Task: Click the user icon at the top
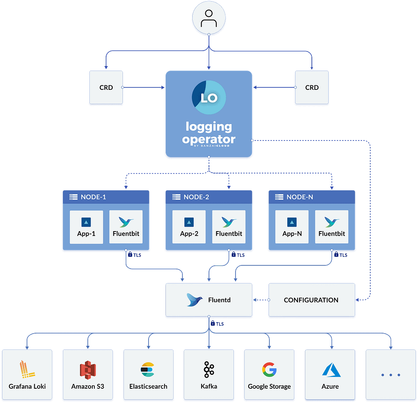coord(209,19)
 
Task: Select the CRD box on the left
coord(106,88)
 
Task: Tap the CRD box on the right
coord(312,88)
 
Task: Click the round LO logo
coord(209,98)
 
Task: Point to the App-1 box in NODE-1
coord(86,227)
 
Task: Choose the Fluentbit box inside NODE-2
coord(229,227)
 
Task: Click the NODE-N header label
coord(300,197)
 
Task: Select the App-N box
coord(291,227)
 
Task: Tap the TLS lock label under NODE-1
coord(135,255)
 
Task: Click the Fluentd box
coord(209,300)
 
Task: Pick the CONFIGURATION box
coord(311,300)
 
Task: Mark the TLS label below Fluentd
coord(217,324)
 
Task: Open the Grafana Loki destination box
coord(27,374)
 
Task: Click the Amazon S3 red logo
coord(88,370)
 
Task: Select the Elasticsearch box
coord(148,374)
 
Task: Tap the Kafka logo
coord(209,369)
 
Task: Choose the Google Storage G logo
coord(269,369)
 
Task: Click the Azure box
coord(330,374)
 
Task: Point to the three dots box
coord(390,374)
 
